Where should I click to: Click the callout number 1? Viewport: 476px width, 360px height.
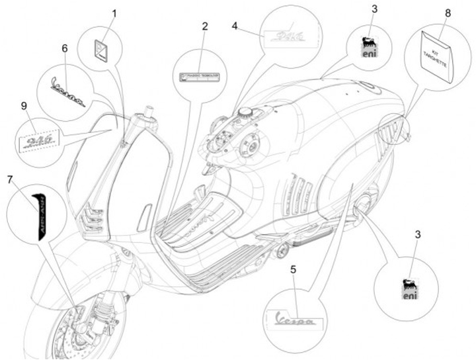pos(113,13)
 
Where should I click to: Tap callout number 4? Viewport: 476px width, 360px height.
pos(235,26)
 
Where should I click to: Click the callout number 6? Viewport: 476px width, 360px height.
pos(64,48)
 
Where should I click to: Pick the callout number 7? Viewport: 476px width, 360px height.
pos(10,179)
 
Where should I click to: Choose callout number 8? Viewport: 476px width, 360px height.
pos(448,13)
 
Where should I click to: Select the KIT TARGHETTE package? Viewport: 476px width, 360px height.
pos(438,56)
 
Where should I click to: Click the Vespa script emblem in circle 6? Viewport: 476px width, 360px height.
pos(68,92)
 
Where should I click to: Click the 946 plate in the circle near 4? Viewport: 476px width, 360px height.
pos(286,35)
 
